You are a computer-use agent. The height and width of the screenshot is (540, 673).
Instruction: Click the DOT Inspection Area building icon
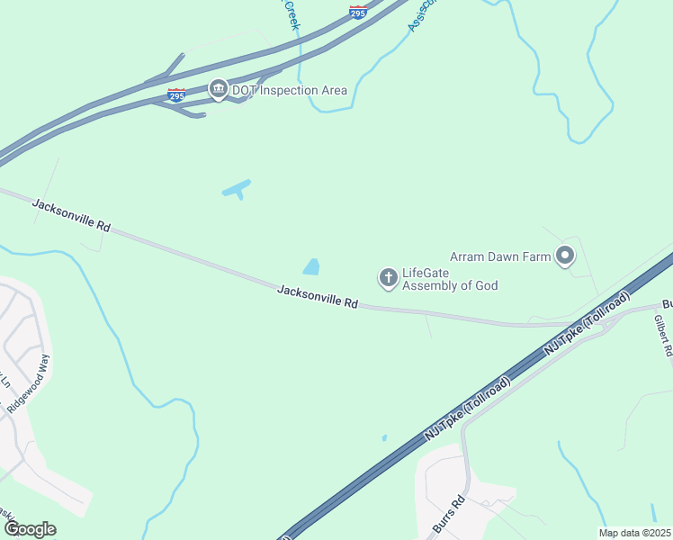(218, 90)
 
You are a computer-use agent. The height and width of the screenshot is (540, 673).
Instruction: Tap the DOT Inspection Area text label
(277, 90)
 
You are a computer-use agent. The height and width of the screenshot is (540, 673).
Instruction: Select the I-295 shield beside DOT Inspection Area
(176, 94)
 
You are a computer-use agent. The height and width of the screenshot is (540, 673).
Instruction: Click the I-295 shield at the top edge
(357, 12)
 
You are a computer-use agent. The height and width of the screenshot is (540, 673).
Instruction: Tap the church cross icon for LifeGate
(389, 278)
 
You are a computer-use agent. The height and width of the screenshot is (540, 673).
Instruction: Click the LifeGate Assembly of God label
(450, 279)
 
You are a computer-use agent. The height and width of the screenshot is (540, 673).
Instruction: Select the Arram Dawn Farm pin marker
(565, 256)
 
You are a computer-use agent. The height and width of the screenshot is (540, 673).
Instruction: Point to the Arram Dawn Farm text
(501, 256)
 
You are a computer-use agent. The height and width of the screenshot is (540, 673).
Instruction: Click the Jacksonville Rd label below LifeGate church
(318, 297)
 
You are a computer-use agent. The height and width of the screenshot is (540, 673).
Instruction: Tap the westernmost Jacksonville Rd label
(71, 216)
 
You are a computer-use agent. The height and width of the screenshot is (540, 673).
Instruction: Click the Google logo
(29, 528)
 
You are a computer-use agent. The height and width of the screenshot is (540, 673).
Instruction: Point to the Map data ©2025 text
(633, 533)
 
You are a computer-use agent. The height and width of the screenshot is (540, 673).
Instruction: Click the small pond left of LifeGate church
(311, 266)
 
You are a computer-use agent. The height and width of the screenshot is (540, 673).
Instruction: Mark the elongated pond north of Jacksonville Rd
(237, 189)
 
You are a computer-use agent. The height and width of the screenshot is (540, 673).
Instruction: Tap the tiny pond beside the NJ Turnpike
(384, 438)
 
